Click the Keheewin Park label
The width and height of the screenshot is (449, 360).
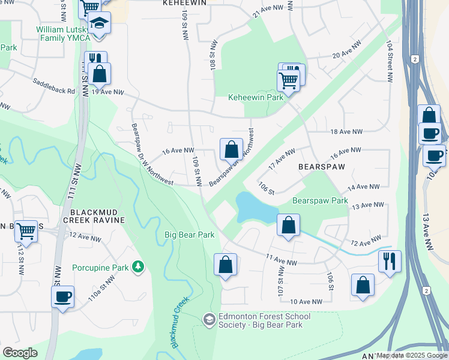[x=255, y=97]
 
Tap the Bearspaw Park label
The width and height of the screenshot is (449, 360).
[x=320, y=200]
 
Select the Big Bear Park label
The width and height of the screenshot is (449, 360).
[x=190, y=235]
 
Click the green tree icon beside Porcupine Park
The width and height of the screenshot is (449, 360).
[x=138, y=266]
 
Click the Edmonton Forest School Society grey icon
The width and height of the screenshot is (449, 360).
[x=209, y=319]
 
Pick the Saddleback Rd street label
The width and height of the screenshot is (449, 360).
[x=54, y=88]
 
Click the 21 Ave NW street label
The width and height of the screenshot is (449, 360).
[x=267, y=13]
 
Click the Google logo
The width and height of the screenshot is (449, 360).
[x=20, y=352]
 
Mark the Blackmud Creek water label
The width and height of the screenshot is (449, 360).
[x=180, y=322]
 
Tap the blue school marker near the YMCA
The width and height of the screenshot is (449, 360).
[x=98, y=24]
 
